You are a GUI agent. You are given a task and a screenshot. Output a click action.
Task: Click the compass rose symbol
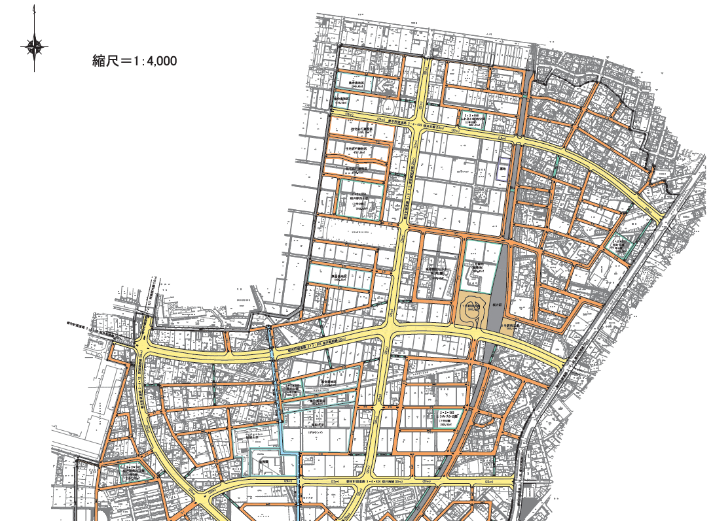(x=35, y=46)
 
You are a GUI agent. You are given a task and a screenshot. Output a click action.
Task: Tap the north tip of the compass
(x=35, y=9)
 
